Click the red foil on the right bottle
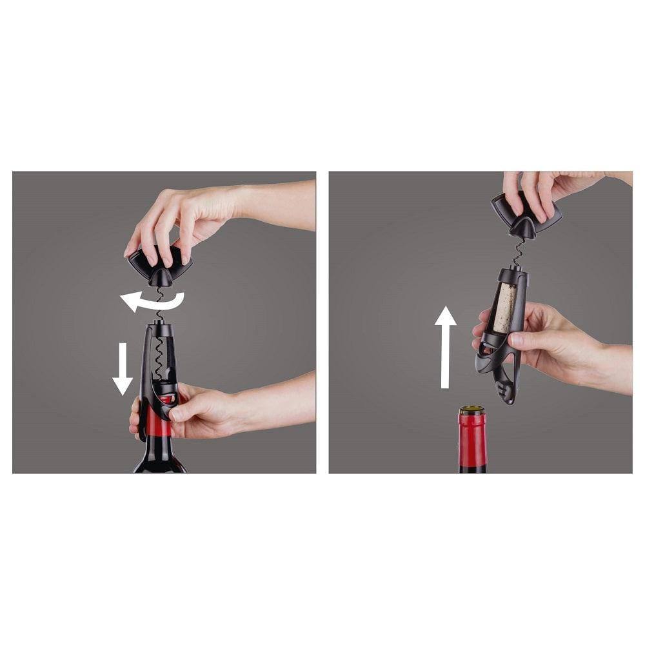[472, 439]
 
